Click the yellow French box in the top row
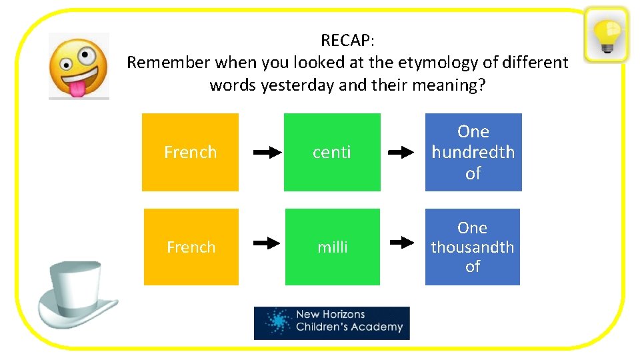point(190,152)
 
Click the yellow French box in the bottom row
point(191,247)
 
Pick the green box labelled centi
point(332,152)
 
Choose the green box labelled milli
point(332,247)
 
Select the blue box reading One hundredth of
point(473,152)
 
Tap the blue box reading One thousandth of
point(472,247)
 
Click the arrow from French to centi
point(267,153)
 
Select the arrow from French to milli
point(267,243)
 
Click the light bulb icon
point(606,34)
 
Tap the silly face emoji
point(79,66)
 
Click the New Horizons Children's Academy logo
point(331,323)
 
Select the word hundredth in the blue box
point(473,152)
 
